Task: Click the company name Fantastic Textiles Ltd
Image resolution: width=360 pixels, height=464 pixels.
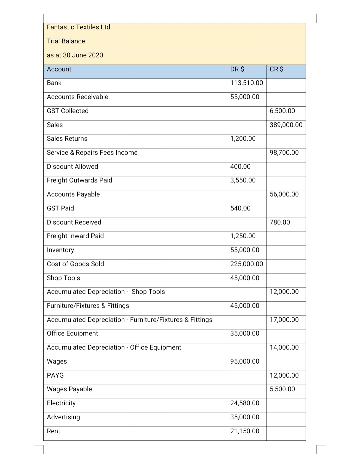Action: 78,27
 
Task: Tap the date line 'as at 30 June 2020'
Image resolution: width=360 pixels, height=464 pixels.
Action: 75,55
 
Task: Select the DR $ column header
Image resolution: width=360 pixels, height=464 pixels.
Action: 237,69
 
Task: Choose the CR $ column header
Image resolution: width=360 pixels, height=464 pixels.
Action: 276,69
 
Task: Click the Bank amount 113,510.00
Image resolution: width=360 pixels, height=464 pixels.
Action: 246,83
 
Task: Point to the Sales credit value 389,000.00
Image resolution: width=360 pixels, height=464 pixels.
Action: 286,125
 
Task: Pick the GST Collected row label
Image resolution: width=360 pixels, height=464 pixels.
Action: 68,111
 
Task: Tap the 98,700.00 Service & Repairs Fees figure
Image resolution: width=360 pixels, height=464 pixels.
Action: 284,153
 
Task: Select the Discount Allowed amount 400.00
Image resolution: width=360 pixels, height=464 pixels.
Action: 240,167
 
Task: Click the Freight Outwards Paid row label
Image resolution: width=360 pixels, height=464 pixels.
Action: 79,180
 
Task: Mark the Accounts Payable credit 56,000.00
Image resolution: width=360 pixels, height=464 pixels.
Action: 284,194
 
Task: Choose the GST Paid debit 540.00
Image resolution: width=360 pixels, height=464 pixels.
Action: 240,208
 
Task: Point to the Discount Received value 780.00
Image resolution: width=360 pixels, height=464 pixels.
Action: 280,222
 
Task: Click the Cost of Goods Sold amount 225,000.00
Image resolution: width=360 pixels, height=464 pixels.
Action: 246,264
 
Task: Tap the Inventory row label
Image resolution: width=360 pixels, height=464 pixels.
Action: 60,250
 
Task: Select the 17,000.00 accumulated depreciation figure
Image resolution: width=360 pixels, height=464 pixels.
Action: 284,320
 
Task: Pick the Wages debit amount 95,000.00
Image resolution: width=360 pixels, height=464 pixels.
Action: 245,362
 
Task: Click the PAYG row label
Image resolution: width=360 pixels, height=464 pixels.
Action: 55,376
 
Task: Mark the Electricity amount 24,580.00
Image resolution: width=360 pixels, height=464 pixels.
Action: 245,403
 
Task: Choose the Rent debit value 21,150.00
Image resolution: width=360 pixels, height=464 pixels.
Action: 245,431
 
